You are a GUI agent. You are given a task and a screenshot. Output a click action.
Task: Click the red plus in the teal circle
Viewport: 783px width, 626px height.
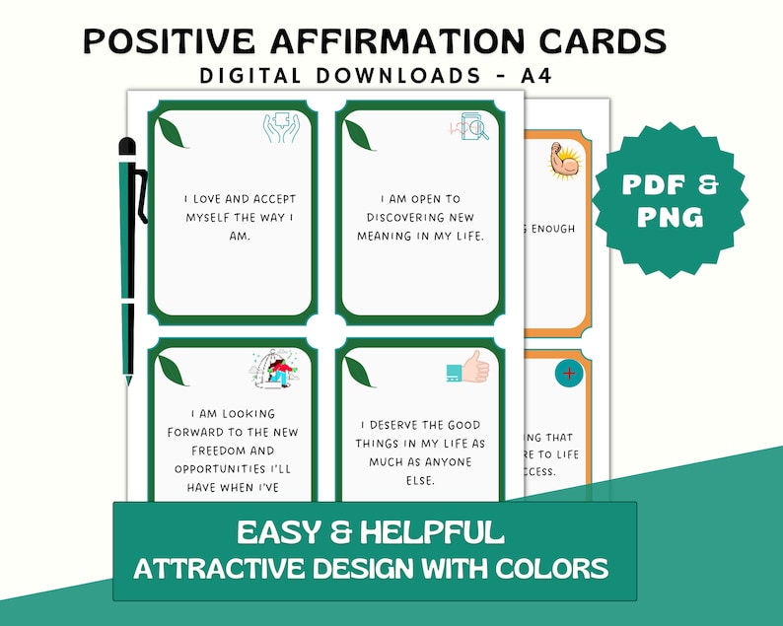click(569, 374)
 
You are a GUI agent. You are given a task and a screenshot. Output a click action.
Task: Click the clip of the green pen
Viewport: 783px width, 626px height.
click(142, 193)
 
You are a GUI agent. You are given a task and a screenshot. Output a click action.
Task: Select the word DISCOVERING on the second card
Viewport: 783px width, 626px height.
click(412, 217)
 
